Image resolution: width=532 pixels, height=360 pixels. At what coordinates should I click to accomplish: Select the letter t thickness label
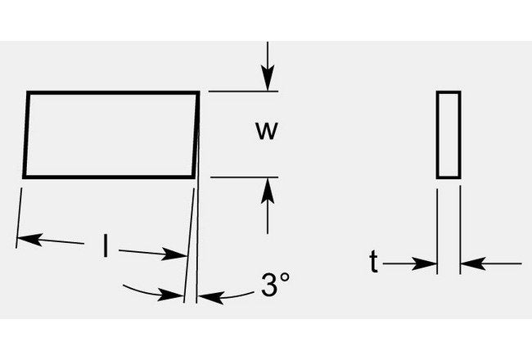[x=373, y=263]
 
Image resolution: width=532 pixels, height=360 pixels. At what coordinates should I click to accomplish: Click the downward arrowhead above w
[x=266, y=82]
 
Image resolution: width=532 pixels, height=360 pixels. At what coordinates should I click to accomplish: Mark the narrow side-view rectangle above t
[x=448, y=134]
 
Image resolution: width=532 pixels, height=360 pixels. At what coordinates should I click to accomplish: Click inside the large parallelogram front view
[x=111, y=134]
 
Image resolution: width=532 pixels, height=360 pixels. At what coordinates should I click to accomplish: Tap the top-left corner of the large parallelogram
[x=29, y=92]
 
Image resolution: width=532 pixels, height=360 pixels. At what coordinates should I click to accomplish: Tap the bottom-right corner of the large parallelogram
[x=195, y=176]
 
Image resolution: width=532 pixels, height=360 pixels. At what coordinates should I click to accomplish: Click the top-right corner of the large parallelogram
[x=199, y=92]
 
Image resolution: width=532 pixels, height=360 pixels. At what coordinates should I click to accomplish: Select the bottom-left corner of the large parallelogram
[x=25, y=176]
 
